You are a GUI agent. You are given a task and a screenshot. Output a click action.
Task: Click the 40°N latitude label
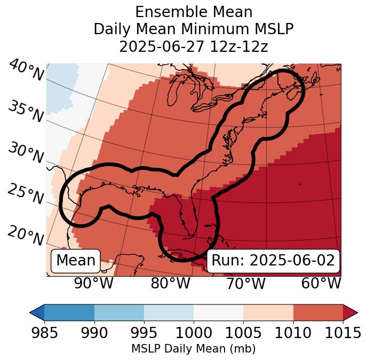[x=26, y=71]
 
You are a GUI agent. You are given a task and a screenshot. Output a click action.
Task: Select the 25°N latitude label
[x=26, y=194]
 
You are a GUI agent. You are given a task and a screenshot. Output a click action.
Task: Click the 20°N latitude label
[x=26, y=235]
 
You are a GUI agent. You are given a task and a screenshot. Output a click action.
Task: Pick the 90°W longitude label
[x=94, y=283]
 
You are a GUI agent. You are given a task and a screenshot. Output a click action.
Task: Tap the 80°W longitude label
[x=170, y=283]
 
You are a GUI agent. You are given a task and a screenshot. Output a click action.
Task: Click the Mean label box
[x=76, y=261]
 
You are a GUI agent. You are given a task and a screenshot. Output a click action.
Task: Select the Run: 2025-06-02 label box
[x=273, y=261]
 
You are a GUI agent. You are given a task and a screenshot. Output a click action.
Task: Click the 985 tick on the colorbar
[x=44, y=333]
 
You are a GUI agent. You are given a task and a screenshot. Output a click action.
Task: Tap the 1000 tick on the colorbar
[x=194, y=333]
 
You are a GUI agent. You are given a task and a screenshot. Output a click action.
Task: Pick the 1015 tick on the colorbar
[x=343, y=333]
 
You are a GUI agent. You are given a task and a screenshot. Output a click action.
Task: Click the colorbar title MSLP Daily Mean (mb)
[x=193, y=349]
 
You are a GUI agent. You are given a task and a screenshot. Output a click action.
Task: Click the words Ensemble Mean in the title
[x=193, y=12]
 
